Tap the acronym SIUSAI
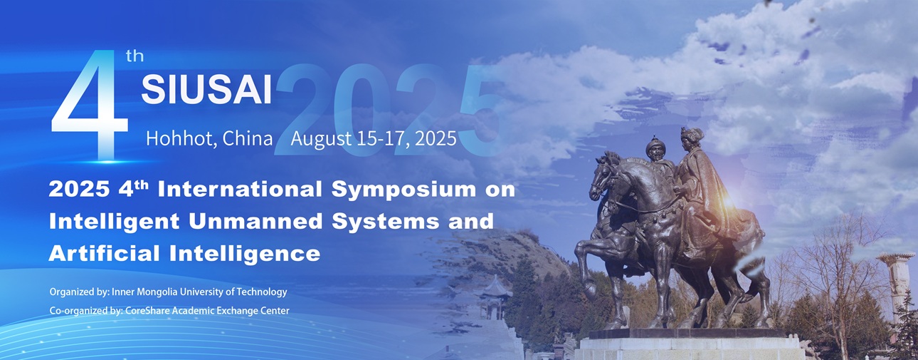[206, 90]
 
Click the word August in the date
[322, 139]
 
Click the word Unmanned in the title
[255, 221]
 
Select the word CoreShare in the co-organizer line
[147, 311]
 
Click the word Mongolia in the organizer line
[157, 292]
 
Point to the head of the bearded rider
[655, 148]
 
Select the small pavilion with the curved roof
[495, 297]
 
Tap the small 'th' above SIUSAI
[134, 56]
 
